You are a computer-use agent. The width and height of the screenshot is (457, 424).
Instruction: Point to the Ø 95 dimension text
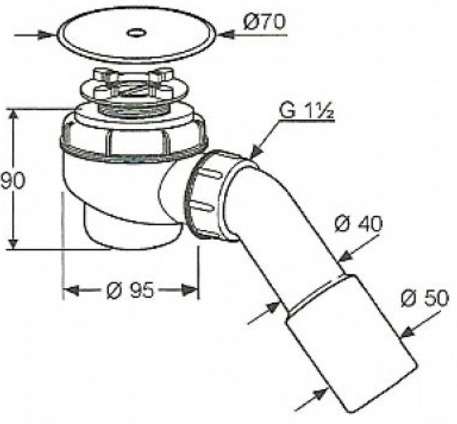(x=129, y=290)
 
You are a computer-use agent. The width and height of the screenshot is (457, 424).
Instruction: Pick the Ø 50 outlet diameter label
(x=424, y=299)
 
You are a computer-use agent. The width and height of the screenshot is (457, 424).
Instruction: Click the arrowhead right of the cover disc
(x=227, y=35)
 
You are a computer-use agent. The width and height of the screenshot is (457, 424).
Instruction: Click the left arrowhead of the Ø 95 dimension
(x=72, y=290)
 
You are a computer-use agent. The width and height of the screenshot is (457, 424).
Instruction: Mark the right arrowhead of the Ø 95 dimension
(x=190, y=290)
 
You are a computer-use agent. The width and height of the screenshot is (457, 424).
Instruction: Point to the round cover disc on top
(x=138, y=34)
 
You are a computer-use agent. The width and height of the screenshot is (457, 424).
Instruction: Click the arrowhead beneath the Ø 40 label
(x=347, y=256)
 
